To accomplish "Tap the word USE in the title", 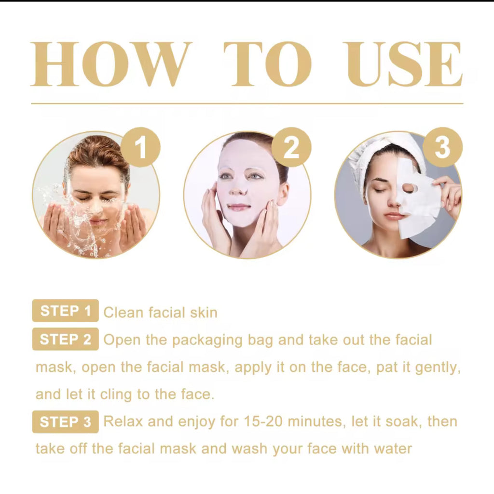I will click(404, 64).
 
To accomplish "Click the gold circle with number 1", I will click(140, 147).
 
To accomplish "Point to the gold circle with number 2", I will click(291, 147).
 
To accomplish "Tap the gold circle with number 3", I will click(442, 147).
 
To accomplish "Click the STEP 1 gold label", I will click(66, 311).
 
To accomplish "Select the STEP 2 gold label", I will click(66, 339).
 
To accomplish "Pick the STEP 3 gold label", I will click(66, 422).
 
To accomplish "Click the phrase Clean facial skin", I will click(160, 312).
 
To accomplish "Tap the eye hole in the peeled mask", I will click(409, 188).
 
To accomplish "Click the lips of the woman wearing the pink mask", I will click(239, 207).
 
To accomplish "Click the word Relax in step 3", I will click(123, 422).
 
